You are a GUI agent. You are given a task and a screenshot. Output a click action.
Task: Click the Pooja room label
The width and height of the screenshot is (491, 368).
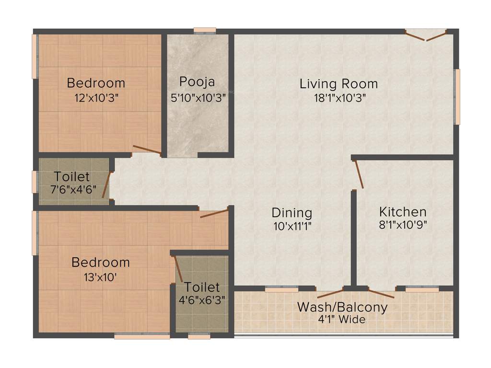197,81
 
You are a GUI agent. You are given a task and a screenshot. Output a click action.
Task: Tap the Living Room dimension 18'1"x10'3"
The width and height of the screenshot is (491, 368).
339,99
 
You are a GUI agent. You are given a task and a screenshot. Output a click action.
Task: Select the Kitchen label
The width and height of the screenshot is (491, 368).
403,211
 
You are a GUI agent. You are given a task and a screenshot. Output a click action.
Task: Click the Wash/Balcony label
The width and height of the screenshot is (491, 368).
342,307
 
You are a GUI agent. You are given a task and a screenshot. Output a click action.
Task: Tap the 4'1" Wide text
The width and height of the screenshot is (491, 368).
342,319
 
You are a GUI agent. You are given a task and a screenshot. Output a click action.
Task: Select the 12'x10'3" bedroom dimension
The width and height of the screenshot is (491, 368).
96,98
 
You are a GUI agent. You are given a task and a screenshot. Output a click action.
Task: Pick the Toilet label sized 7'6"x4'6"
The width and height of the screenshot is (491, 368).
71,176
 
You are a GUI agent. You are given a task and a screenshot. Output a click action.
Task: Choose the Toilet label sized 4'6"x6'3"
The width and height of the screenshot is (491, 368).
202,287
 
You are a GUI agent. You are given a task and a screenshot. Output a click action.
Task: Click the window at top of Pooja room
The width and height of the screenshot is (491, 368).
205,31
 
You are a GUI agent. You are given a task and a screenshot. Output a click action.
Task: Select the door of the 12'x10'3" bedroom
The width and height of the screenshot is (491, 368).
147,150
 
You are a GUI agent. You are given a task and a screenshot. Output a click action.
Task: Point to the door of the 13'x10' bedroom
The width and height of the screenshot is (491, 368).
213,213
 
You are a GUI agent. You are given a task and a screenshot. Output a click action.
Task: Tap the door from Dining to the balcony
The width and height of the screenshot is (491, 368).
330,293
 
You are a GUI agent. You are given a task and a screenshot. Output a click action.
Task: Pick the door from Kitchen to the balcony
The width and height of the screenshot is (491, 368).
382,293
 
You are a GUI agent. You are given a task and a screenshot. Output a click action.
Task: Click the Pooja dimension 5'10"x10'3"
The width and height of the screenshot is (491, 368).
198,99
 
